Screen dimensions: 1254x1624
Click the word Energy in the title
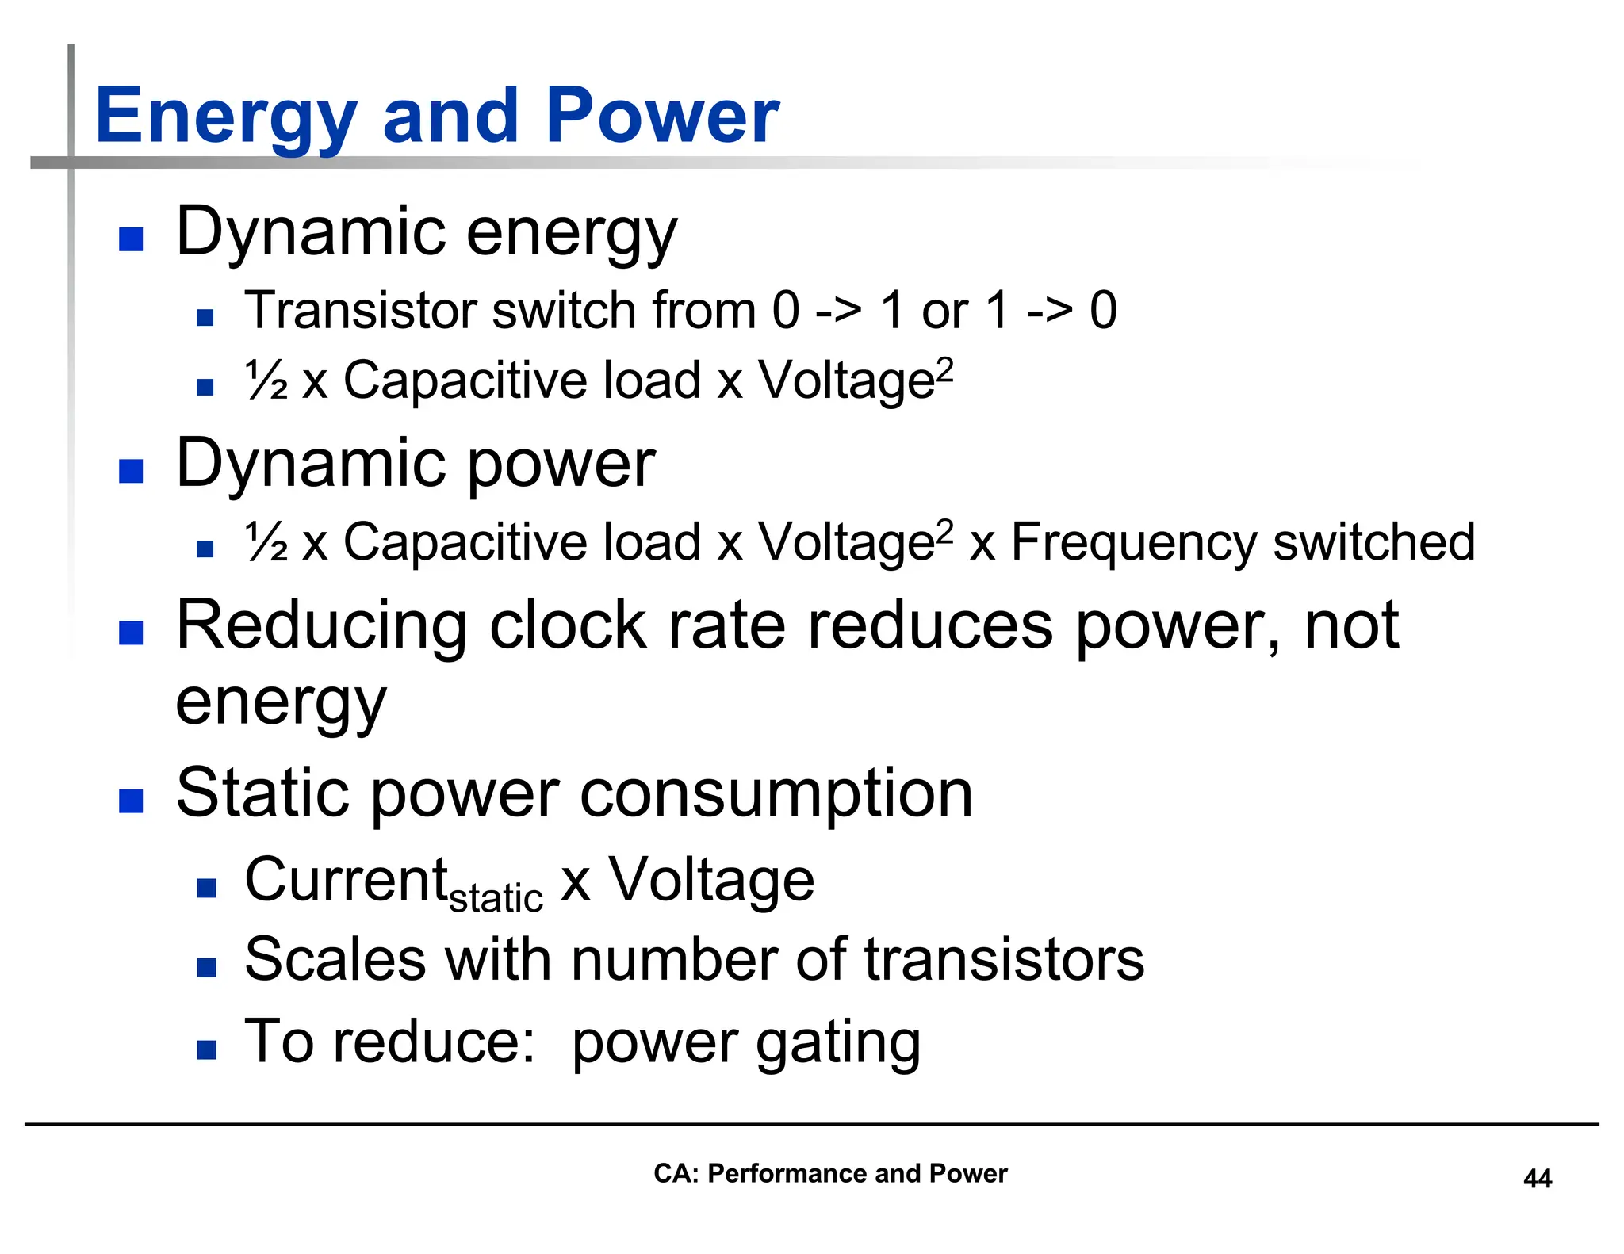pos(225,117)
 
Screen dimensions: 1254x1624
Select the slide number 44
pos(1537,1179)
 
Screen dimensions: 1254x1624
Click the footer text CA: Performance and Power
pos(829,1173)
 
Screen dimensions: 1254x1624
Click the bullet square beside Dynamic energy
pos(131,239)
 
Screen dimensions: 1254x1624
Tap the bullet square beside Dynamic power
pos(131,471)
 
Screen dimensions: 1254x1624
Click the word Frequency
pos(1134,544)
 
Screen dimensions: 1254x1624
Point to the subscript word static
pos(496,899)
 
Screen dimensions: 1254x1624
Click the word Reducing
pos(321,626)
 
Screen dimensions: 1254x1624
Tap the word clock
pos(568,626)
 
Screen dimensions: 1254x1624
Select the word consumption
pos(776,794)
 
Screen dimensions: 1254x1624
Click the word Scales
pos(335,960)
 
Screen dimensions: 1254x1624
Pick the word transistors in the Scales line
pos(1004,960)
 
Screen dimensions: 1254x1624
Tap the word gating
pos(838,1043)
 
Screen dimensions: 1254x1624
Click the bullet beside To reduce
pos(207,1050)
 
